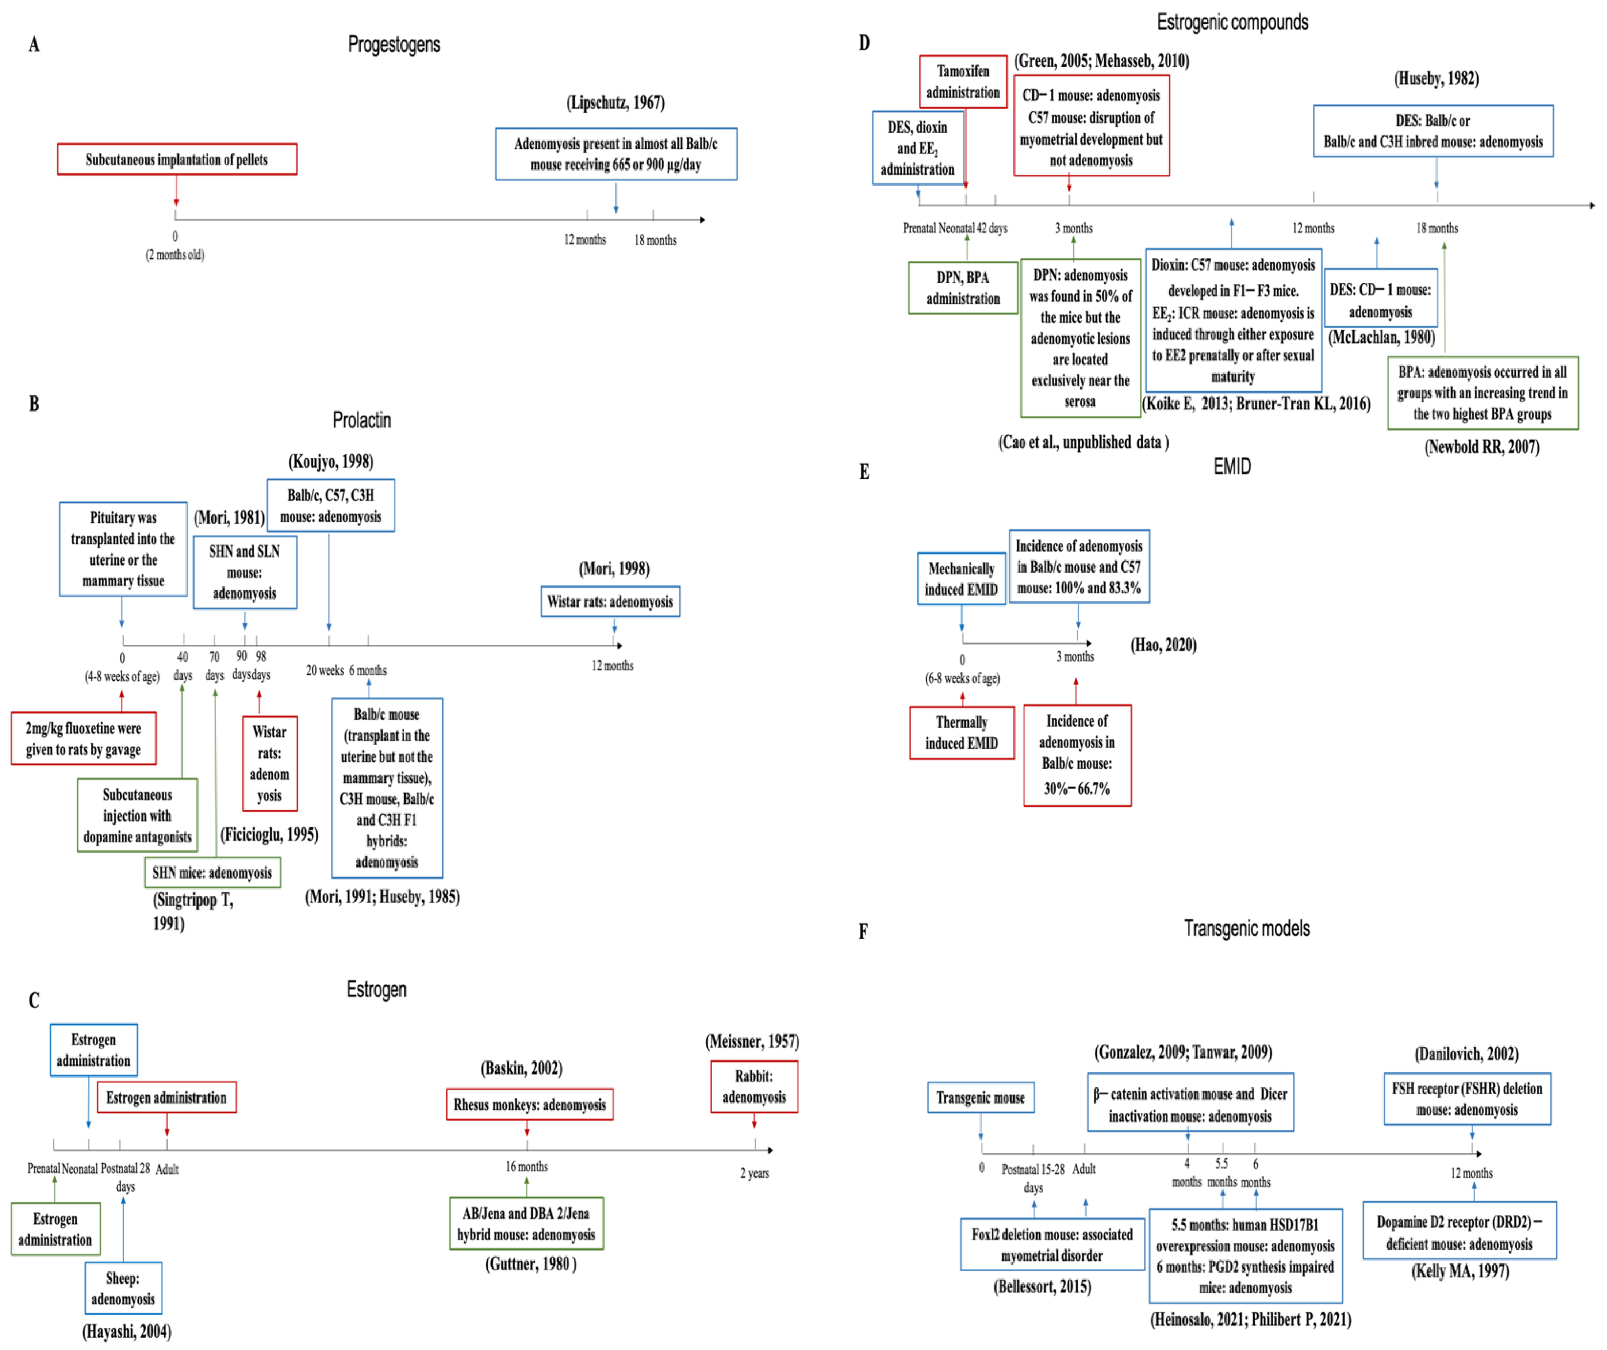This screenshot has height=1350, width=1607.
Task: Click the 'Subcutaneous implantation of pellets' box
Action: (177, 159)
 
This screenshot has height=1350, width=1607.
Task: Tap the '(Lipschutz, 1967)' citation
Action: (615, 103)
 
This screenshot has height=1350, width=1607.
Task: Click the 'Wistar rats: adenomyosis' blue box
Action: (610, 601)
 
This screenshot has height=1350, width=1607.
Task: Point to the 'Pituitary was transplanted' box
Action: (123, 549)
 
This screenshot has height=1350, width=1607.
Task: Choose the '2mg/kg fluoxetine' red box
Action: (83, 738)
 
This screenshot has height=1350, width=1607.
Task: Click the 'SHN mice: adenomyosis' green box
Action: (212, 872)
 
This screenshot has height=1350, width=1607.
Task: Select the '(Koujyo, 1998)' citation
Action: (331, 462)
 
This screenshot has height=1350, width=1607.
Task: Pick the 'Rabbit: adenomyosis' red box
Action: (754, 1087)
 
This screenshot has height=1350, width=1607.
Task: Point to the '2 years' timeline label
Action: (754, 1173)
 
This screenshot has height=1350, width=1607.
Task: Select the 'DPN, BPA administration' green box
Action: (963, 288)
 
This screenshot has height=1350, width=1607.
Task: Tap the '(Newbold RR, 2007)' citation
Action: (1481, 447)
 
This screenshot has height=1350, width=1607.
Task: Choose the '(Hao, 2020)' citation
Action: (1163, 645)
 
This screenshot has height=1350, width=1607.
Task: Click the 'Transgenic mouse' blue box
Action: (980, 1097)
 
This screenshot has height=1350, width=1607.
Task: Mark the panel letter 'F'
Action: (863, 932)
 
